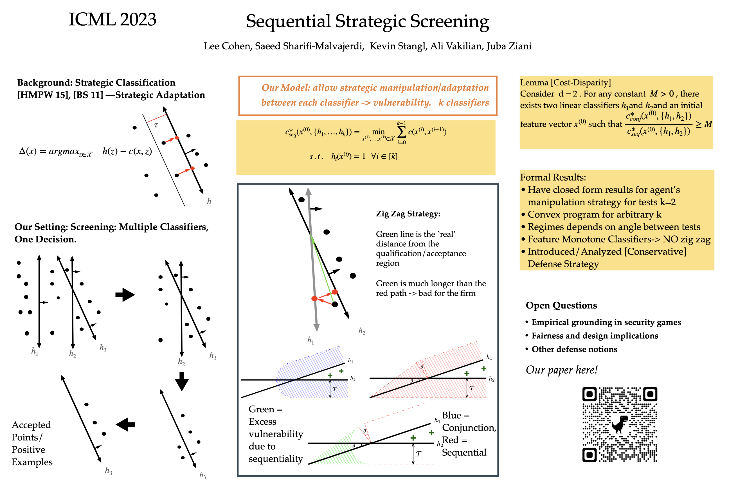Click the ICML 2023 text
(x=112, y=19)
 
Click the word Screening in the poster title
(x=449, y=22)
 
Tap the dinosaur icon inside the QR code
(x=619, y=424)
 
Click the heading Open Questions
(x=561, y=305)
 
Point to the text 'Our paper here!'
(x=561, y=370)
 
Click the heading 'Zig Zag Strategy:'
(x=408, y=213)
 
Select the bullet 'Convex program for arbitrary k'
(x=594, y=215)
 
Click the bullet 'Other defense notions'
(x=574, y=349)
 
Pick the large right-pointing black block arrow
(x=125, y=295)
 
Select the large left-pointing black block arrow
(x=125, y=424)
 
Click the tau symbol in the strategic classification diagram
(x=156, y=125)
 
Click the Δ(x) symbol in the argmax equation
(x=28, y=151)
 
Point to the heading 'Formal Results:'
(x=553, y=177)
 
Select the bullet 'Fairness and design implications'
(x=595, y=336)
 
